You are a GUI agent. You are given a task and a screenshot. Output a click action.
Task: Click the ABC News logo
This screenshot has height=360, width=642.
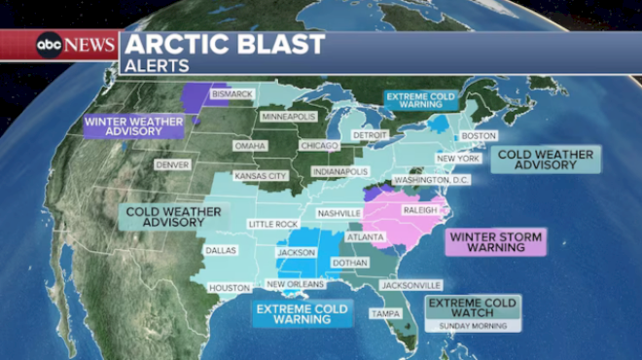coord(76,45)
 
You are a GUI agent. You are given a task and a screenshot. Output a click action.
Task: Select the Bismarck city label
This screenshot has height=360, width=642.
coord(232,94)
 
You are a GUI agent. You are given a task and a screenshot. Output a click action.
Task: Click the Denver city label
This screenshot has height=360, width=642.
coord(171,164)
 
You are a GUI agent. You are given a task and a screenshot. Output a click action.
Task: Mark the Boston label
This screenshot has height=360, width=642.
coord(479,135)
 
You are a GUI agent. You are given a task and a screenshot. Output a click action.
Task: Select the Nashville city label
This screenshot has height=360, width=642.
coord(339,212)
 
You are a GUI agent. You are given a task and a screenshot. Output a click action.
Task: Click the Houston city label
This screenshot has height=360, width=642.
coord(230,287)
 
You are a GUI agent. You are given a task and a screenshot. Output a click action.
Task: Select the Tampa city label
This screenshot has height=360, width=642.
coord(385,313)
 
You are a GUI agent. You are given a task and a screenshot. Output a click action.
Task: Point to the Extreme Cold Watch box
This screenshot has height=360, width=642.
coord(474,307)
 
